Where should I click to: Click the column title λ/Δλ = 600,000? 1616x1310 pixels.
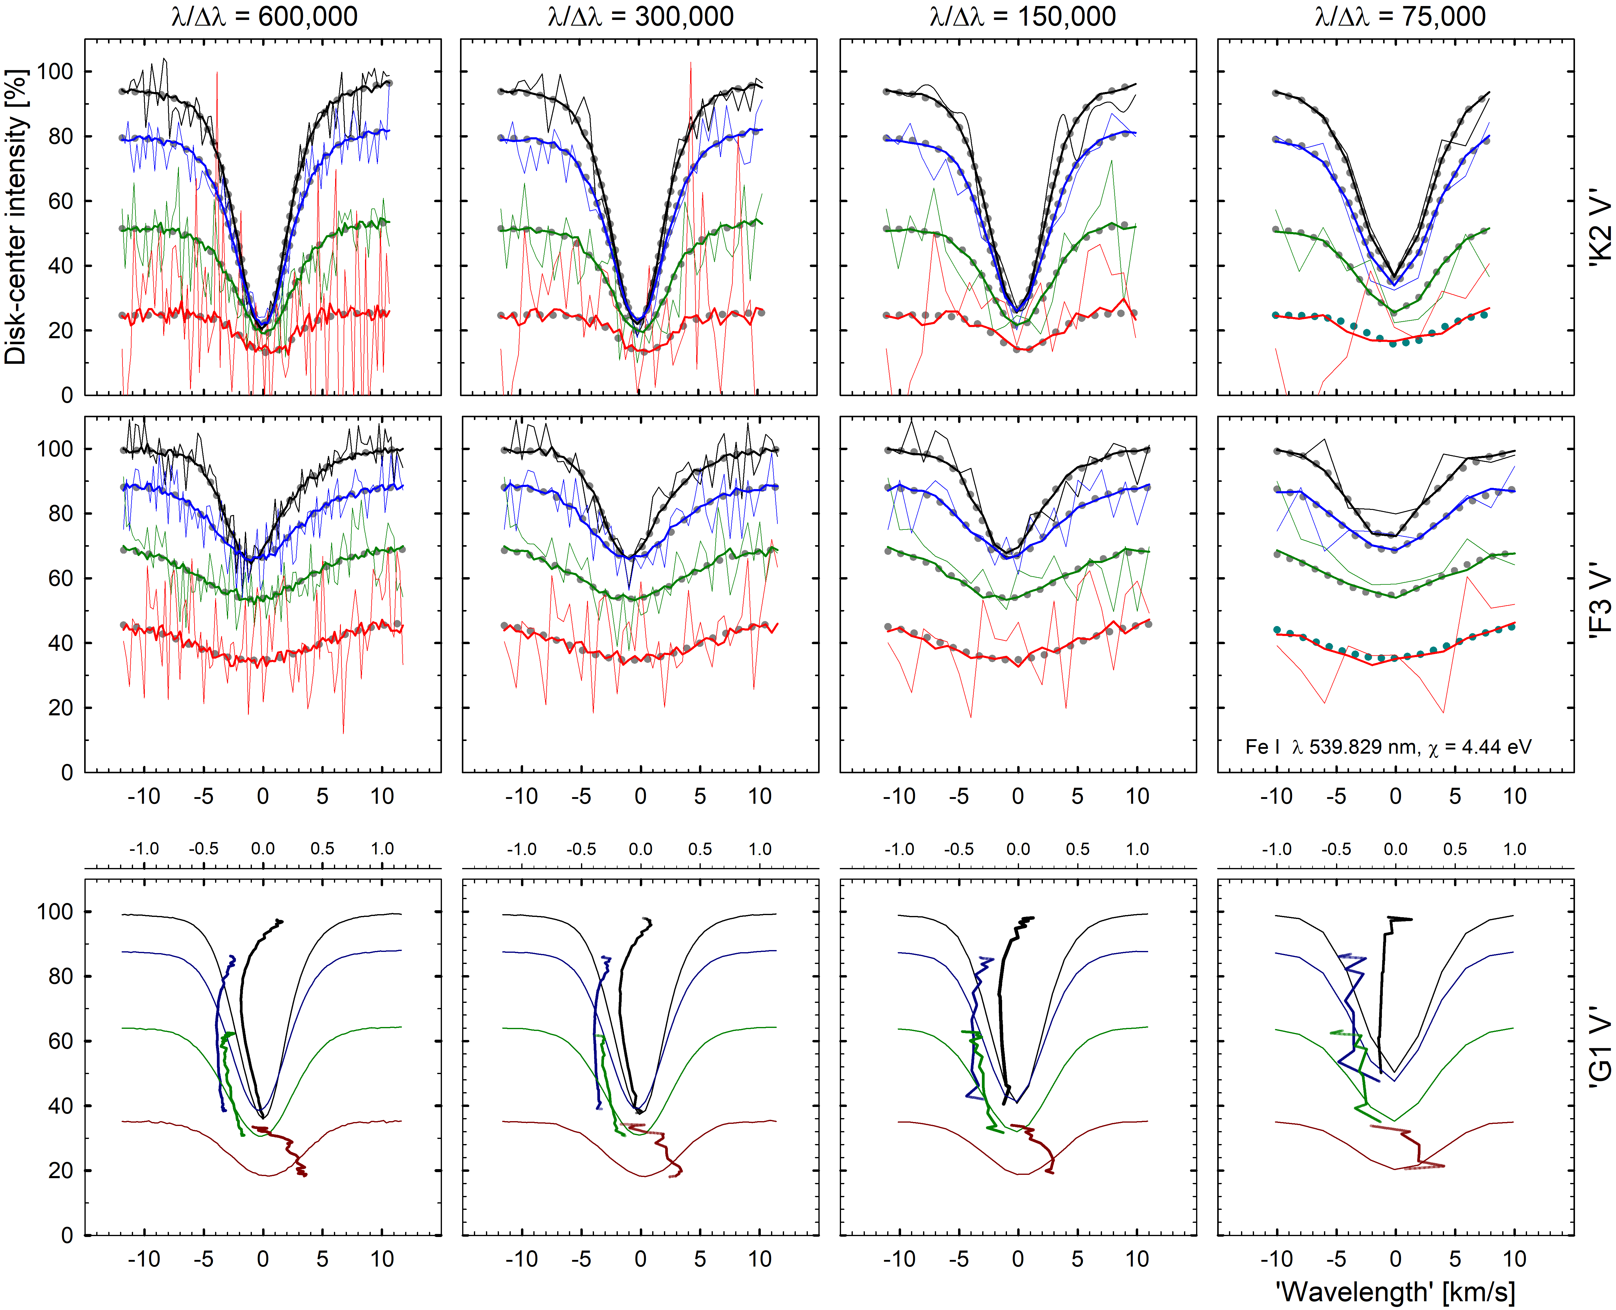[264, 17]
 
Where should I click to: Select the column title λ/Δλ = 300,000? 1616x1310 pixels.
[640, 17]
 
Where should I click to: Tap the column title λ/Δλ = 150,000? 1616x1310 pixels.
[1022, 17]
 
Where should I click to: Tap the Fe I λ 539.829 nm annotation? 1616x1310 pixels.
[1388, 747]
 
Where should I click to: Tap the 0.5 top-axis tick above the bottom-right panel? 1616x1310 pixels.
[1455, 849]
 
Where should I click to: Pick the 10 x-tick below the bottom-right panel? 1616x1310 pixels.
[1514, 1259]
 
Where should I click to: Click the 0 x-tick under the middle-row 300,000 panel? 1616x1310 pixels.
[640, 796]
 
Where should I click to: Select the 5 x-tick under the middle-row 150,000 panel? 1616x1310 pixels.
[1077, 796]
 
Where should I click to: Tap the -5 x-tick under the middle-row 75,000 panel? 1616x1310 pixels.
[1336, 796]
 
